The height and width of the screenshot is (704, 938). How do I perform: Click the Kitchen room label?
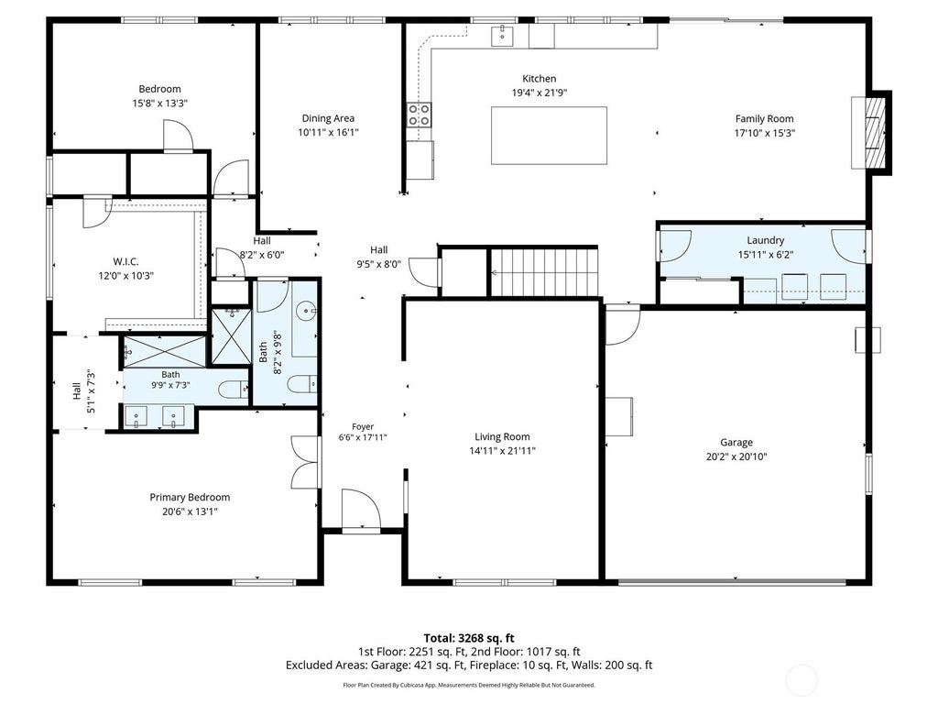[x=539, y=79]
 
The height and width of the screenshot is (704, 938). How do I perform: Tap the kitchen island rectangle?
[x=549, y=136]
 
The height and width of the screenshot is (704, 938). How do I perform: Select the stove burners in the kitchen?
[x=419, y=115]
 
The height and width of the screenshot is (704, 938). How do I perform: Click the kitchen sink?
[x=503, y=36]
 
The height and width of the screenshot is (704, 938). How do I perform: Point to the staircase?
[x=544, y=272]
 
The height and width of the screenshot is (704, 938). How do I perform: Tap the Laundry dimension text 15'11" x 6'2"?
[x=765, y=255]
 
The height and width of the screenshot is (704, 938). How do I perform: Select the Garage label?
[x=736, y=443]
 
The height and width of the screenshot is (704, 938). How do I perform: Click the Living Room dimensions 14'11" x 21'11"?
[x=502, y=451]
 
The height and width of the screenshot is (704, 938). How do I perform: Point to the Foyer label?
[x=363, y=426]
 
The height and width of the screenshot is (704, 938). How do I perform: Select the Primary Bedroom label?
[x=190, y=497]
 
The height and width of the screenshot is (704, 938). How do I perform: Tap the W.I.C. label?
[x=125, y=261]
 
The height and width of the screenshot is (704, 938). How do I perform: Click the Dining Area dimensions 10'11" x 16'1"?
[x=328, y=132]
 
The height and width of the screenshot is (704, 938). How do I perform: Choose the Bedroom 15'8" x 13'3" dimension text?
[x=159, y=103]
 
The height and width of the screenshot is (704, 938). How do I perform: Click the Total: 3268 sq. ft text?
[x=469, y=638]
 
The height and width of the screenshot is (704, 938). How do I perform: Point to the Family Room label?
[x=764, y=118]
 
